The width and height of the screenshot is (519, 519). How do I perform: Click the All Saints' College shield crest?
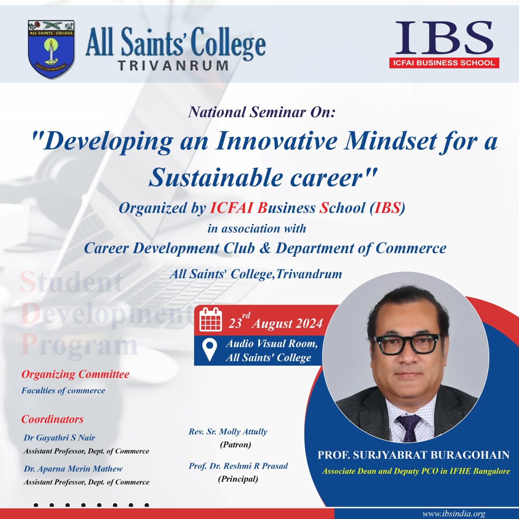click(51, 49)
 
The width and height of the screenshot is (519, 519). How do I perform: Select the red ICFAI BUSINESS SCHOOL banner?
click(444, 63)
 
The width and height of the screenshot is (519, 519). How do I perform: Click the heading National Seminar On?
click(262, 112)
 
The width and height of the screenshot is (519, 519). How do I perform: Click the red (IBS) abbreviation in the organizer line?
click(387, 208)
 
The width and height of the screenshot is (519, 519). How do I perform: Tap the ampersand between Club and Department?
click(265, 248)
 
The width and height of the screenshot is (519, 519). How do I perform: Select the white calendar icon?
click(210, 320)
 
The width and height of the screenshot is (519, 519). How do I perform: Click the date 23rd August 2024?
click(276, 322)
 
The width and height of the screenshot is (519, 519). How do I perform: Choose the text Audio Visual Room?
click(272, 344)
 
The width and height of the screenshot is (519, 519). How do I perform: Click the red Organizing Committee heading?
click(75, 375)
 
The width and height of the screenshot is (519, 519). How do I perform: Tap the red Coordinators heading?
click(53, 419)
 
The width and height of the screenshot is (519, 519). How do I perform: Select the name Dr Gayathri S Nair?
click(59, 438)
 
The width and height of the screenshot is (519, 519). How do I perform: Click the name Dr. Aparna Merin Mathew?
click(73, 469)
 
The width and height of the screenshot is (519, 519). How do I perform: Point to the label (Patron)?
click(236, 444)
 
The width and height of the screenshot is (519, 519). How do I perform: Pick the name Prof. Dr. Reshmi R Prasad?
click(238, 466)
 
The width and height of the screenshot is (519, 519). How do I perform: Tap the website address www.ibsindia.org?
click(454, 514)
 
